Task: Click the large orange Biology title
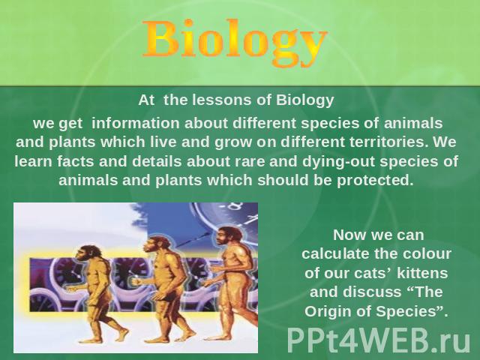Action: pyautogui.click(x=235, y=41)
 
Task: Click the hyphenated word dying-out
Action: pyautogui.click(x=339, y=162)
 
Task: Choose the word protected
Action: pyautogui.click(x=375, y=180)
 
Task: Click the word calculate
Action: pyautogui.click(x=335, y=253)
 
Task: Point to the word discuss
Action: pyautogui.click(x=372, y=292)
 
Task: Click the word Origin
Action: pyautogui.click(x=327, y=312)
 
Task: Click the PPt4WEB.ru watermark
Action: pyautogui.click(x=378, y=340)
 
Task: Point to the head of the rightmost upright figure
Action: pyautogui.click(x=228, y=235)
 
